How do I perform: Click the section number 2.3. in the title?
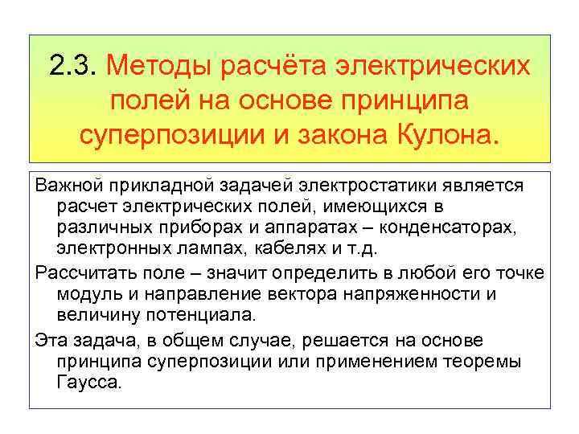(72, 65)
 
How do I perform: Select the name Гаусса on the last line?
(89, 381)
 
